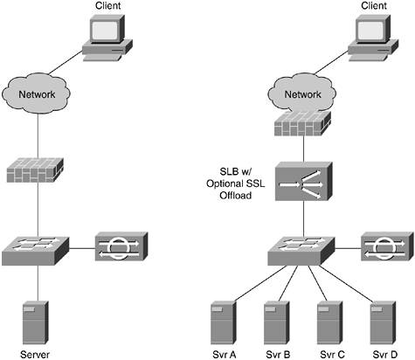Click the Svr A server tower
(x=223, y=322)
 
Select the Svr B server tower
(x=277, y=322)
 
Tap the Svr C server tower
(x=330, y=322)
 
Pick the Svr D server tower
(x=383, y=322)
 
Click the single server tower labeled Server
(x=36, y=322)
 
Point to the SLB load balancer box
(x=303, y=181)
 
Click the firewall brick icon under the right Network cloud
(x=303, y=123)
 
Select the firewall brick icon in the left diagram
(x=35, y=170)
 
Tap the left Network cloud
(x=36, y=93)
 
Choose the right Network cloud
(x=302, y=93)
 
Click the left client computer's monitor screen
(x=105, y=31)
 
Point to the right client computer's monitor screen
(x=370, y=31)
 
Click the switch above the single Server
(x=36, y=251)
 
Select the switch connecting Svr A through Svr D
(x=301, y=251)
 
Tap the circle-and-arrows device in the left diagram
(x=121, y=246)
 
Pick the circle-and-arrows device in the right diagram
(x=387, y=246)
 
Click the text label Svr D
(x=385, y=355)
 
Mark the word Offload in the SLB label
(x=236, y=195)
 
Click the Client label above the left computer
(x=107, y=5)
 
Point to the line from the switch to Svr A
(x=260, y=283)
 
